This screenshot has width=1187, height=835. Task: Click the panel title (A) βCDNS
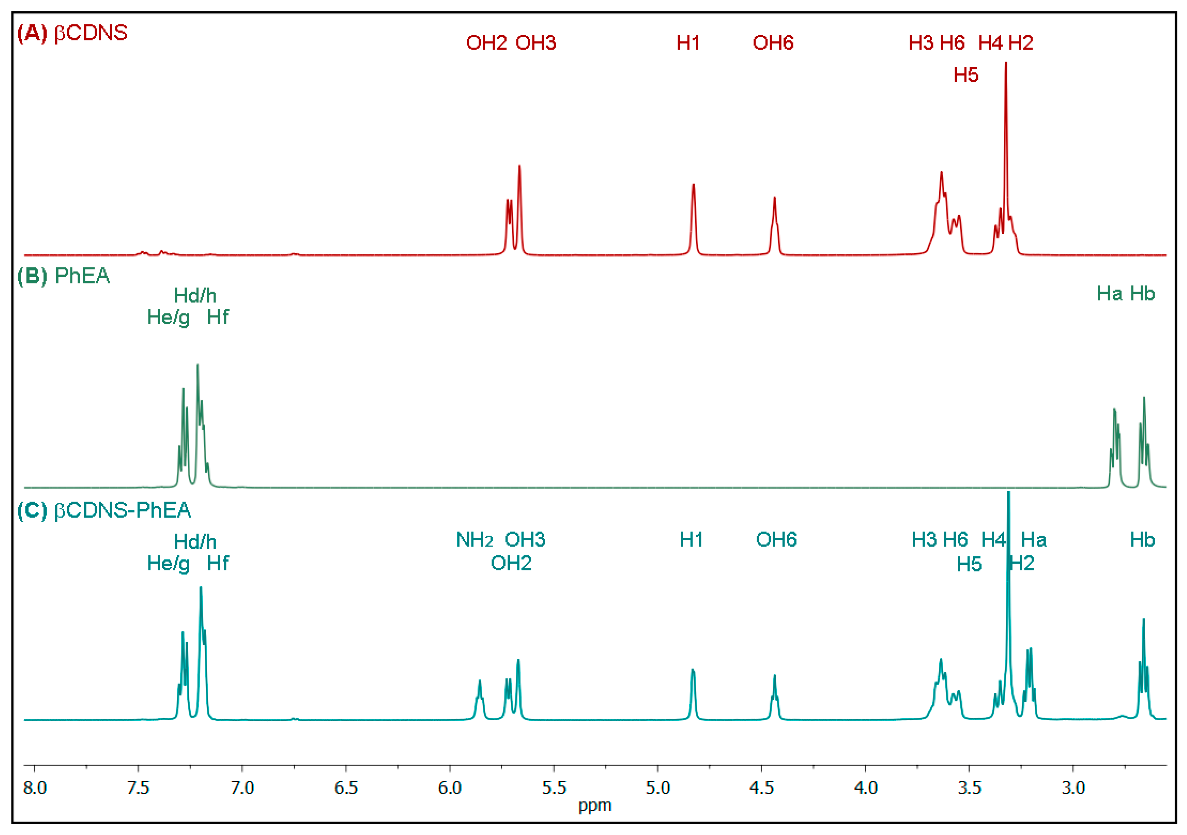pyautogui.click(x=72, y=33)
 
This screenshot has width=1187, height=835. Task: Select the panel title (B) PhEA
pyautogui.click(x=64, y=276)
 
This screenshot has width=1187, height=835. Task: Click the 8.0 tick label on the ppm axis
pyautogui.click(x=35, y=788)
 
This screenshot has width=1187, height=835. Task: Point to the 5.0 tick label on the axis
pyautogui.click(x=657, y=788)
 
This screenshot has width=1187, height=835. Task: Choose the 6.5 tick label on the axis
pyautogui.click(x=346, y=788)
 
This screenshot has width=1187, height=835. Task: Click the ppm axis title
pyautogui.click(x=594, y=806)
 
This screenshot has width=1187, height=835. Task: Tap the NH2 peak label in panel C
pyautogui.click(x=474, y=540)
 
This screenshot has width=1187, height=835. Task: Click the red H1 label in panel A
pyautogui.click(x=688, y=43)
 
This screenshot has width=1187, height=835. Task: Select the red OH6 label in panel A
pyautogui.click(x=773, y=43)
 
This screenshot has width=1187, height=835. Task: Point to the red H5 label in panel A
pyautogui.click(x=966, y=75)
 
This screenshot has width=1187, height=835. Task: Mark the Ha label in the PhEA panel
pyautogui.click(x=1109, y=294)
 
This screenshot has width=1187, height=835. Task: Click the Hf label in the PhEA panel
pyautogui.click(x=217, y=317)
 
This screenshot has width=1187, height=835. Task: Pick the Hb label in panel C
pyautogui.click(x=1142, y=540)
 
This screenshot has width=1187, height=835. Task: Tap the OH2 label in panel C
pyautogui.click(x=511, y=563)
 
